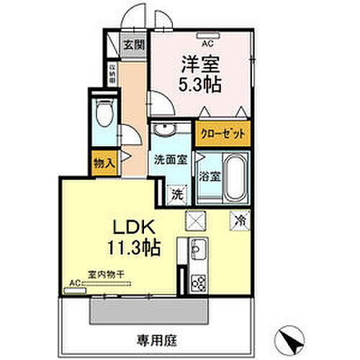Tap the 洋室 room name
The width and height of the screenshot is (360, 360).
[x=195, y=63]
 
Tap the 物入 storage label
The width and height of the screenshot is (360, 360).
[x=104, y=163]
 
